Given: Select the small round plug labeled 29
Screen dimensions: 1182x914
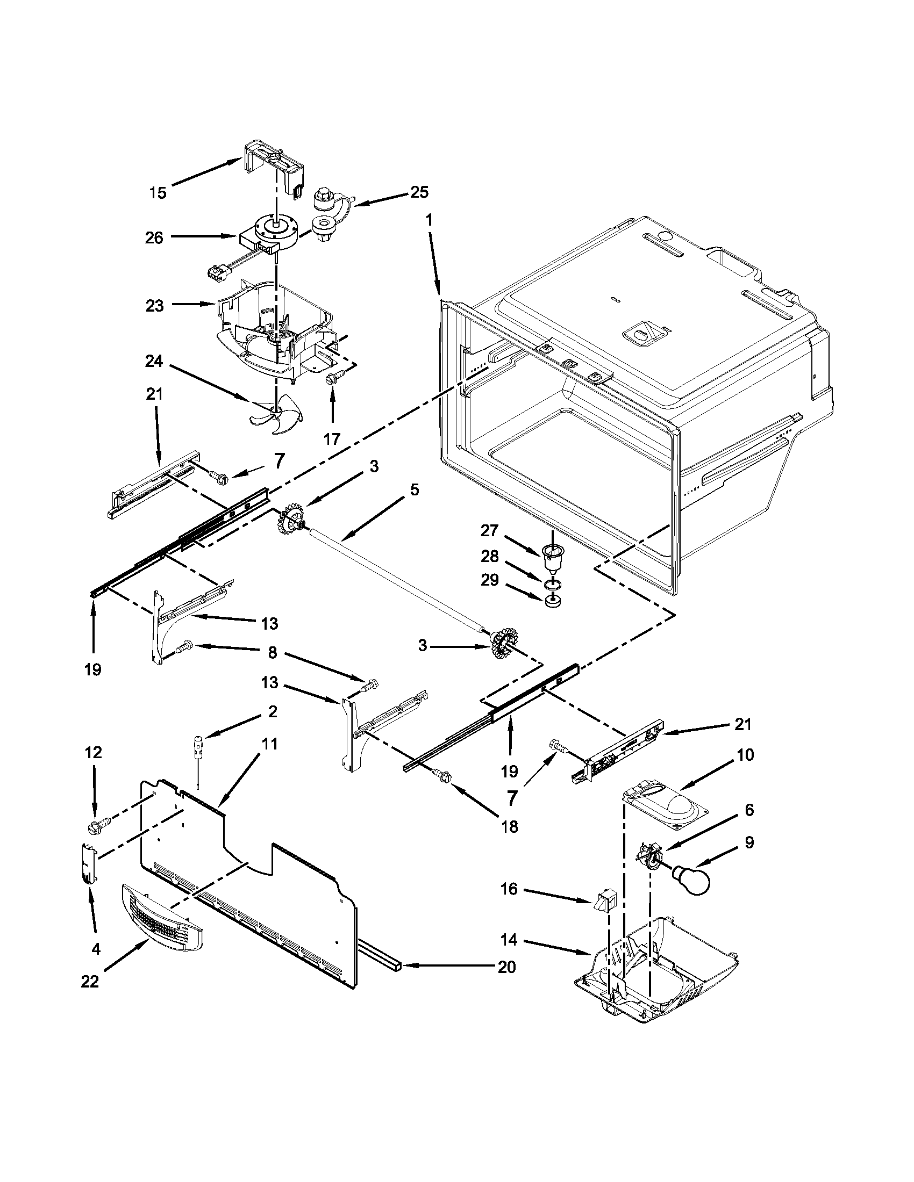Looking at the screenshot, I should coord(551,600).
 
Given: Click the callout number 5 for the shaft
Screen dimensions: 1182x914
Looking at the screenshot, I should coord(414,490).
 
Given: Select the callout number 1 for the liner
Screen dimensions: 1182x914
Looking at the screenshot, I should coord(430,221).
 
